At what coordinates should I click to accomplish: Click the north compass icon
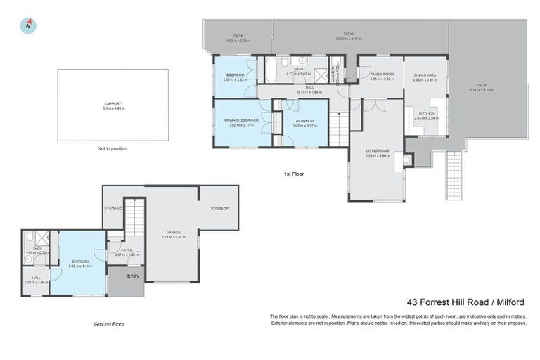(28, 25)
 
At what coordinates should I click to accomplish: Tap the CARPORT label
(112, 103)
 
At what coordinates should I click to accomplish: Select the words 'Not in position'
(112, 148)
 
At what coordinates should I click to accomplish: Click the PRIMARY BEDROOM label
(242, 120)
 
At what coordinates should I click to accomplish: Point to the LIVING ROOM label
(377, 151)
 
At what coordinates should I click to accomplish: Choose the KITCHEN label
(426, 113)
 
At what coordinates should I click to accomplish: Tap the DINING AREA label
(425, 75)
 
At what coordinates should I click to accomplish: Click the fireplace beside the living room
(406, 160)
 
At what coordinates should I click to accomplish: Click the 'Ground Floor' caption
(109, 324)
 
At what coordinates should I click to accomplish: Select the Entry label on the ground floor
(133, 276)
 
